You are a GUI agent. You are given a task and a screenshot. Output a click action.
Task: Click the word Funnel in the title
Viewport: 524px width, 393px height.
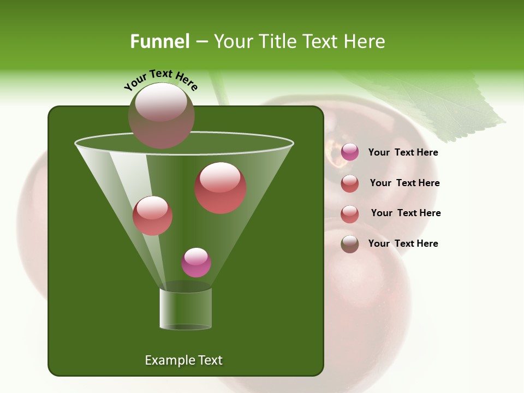pos(160,41)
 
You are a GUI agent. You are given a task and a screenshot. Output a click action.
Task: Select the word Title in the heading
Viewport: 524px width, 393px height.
pos(279,41)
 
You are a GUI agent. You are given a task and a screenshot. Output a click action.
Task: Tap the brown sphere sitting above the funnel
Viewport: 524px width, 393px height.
pos(162,115)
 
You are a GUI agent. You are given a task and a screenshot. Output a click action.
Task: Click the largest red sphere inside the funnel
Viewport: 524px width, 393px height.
pos(221,188)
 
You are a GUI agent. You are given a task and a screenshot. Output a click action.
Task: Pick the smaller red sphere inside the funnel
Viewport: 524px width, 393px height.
pos(152,215)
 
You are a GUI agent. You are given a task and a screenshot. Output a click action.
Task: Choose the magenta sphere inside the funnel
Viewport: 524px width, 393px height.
pos(196,263)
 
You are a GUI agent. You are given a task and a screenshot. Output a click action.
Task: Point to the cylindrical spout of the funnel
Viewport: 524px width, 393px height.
pos(186,309)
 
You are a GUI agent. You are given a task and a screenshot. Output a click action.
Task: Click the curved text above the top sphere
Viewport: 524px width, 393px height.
pos(161,79)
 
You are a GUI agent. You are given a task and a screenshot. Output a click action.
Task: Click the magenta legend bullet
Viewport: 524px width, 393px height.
pos(350,152)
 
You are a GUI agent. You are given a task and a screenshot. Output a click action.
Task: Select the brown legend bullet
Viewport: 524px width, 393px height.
pos(350,244)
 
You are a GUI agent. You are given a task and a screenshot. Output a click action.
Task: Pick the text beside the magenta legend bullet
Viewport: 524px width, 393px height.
pos(403,153)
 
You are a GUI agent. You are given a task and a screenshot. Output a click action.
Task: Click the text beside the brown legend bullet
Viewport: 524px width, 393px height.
pos(403,243)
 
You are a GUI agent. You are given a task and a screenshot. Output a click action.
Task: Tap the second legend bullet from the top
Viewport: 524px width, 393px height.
pos(350,183)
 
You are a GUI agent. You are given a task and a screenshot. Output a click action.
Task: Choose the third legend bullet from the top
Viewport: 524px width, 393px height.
pos(350,214)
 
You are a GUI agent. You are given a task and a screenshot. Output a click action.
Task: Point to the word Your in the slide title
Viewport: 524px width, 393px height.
pos(233,41)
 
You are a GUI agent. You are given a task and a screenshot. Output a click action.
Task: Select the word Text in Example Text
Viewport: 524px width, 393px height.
pos(207,360)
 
